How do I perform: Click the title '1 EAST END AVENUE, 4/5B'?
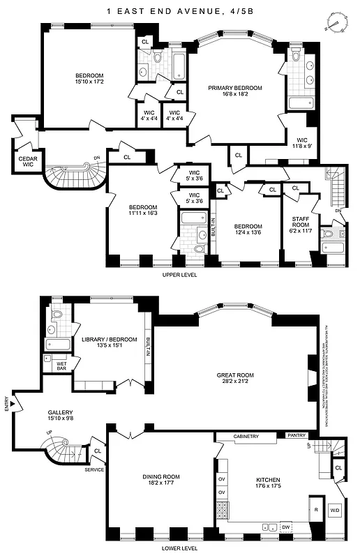pyautogui.click(x=179, y=11)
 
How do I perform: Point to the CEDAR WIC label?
pyautogui.click(x=27, y=162)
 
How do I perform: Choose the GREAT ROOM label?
pyautogui.click(x=235, y=377)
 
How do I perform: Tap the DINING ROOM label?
pyautogui.click(x=161, y=481)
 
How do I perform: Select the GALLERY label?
pyautogui.click(x=59, y=416)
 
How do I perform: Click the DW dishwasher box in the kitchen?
pyautogui.click(x=285, y=527)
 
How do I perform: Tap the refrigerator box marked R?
pyautogui.click(x=316, y=509)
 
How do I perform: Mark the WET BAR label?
pyautogui.click(x=62, y=365)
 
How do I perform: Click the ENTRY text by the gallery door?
pyautogui.click(x=7, y=418)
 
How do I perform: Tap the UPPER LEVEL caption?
pyautogui.click(x=179, y=276)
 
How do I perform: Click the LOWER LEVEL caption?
pyautogui.click(x=179, y=549)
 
